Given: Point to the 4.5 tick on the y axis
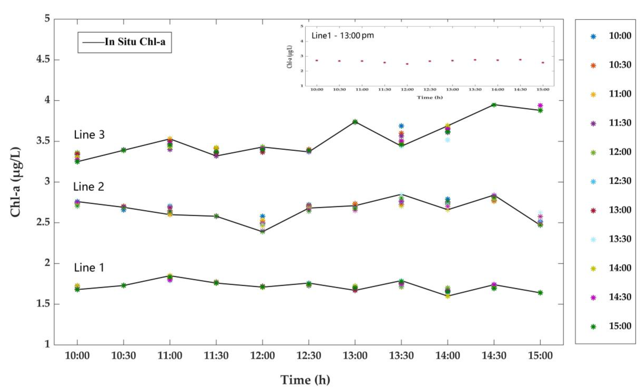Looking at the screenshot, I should click(43, 60).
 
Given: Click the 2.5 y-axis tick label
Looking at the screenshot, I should click(43, 223).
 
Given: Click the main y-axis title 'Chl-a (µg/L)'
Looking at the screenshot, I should click(16, 182).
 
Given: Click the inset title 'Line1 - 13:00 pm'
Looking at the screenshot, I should click(342, 36).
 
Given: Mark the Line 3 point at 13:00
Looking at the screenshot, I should click(355, 122).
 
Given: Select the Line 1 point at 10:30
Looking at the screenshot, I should click(123, 285).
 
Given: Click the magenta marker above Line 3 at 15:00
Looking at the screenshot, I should click(540, 105).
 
